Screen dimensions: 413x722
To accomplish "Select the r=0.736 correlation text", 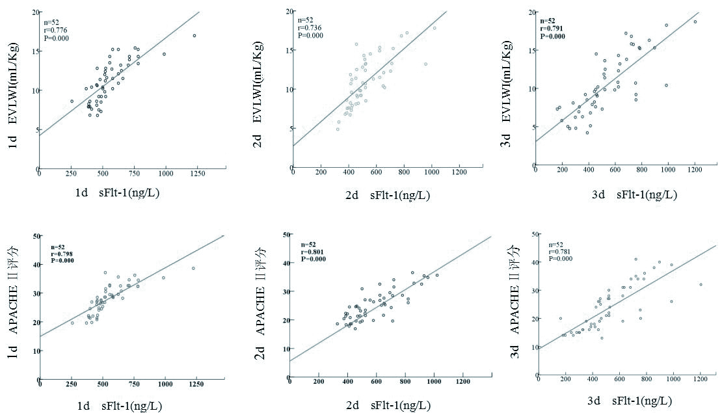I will pyautogui.click(x=307, y=27).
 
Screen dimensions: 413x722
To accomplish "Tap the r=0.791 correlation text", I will pyautogui.click(x=551, y=29).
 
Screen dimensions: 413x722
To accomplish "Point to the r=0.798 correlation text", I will pyautogui.click(x=62, y=254).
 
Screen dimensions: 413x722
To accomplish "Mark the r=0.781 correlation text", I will pyautogui.click(x=561, y=251).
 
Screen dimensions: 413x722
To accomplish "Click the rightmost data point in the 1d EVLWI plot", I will pyautogui.click(x=194, y=36).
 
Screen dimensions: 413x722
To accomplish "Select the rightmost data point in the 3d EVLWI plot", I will pyautogui.click(x=695, y=22).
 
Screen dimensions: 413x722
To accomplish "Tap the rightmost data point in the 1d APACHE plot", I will pyautogui.click(x=193, y=268).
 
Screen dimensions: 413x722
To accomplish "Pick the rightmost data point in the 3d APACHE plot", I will pyautogui.click(x=701, y=284).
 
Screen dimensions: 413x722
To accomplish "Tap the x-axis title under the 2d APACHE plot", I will pyautogui.click(x=389, y=406).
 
